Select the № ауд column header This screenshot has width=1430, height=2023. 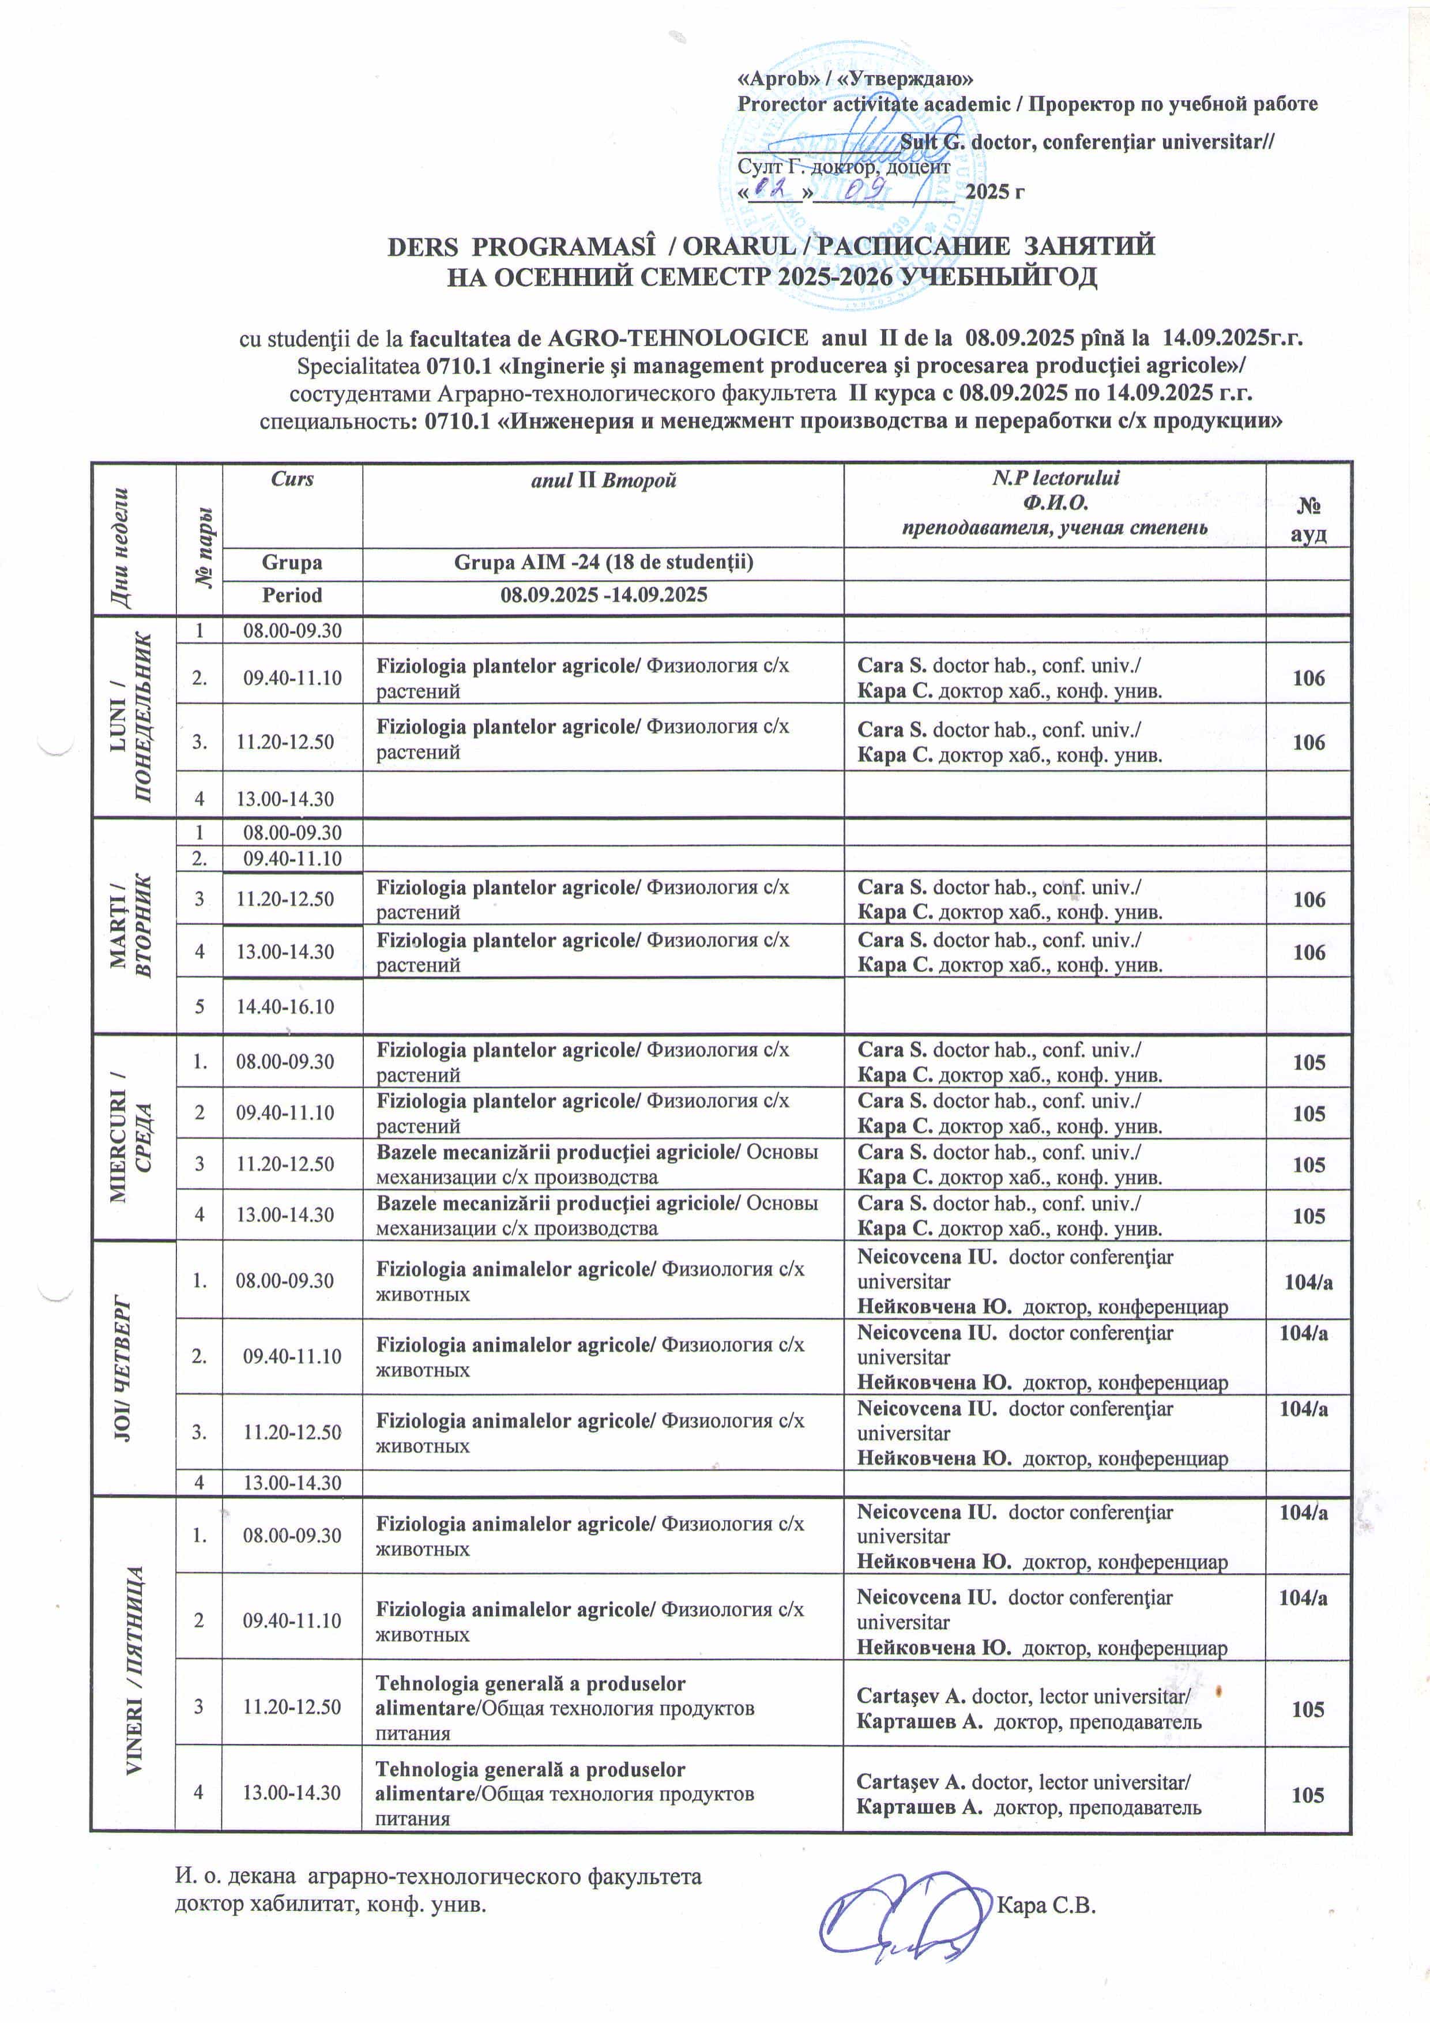[x=1308, y=520]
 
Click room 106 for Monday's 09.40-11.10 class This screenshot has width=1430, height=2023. [x=1308, y=678]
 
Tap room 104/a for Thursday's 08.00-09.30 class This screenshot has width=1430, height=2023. [x=1308, y=1282]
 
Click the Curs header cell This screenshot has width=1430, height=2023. [x=292, y=479]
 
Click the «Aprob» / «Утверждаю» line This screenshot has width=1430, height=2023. [x=855, y=78]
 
